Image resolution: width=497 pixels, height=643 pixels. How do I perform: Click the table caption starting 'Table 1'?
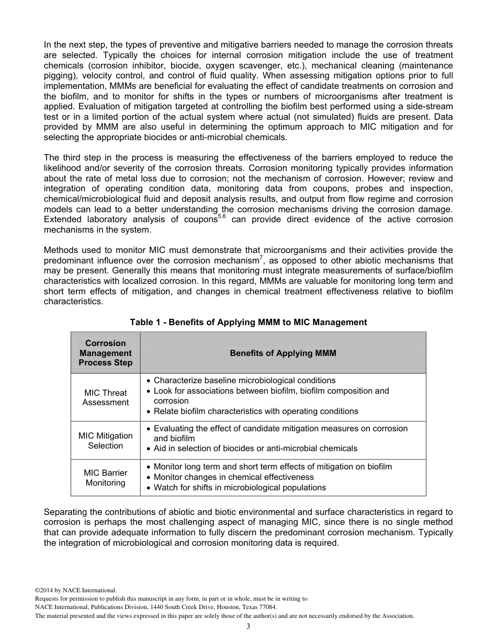249,323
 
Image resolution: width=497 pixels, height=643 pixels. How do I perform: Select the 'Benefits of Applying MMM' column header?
283,353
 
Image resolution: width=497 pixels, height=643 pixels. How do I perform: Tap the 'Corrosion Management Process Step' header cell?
106,353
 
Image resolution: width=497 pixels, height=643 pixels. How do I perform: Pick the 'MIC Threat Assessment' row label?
106,398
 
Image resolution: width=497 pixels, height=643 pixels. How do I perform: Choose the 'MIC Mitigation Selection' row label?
106,441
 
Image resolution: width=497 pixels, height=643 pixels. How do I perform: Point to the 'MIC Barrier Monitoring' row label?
106,478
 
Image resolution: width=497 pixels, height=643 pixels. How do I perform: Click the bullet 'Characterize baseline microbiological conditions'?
244,381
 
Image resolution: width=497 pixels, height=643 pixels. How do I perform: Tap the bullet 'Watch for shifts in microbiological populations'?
240,488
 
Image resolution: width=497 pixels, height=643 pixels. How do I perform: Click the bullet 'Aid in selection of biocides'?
255,449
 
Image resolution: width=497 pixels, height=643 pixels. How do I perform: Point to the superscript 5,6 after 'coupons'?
222,216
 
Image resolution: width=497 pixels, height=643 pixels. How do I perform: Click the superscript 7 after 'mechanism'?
261,258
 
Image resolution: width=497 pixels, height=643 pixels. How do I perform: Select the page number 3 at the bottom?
249,627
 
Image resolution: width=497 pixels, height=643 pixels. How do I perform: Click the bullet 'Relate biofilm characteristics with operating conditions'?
256,411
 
